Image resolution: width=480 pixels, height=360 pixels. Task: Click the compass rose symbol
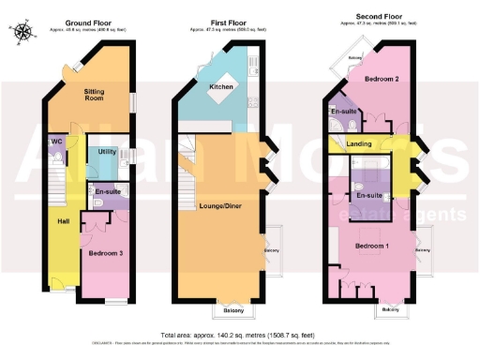point(23,33)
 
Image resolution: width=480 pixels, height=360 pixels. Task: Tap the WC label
point(56,142)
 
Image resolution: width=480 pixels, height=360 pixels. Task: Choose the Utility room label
point(107,150)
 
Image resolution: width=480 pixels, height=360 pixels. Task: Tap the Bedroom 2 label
point(382,80)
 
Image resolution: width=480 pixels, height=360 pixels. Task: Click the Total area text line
point(239,335)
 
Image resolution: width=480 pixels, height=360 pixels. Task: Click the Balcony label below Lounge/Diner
point(235,310)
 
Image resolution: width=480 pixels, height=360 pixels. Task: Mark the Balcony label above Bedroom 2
point(354,57)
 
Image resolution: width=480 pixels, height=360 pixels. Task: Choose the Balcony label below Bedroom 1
point(392,308)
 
